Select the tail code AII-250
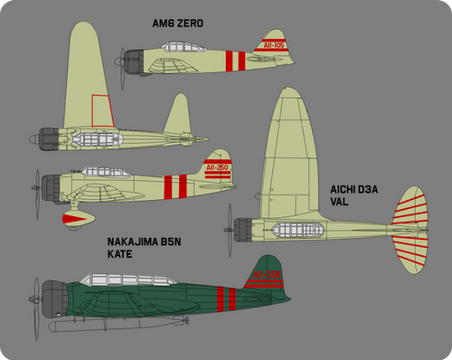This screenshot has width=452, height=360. coord(218,167)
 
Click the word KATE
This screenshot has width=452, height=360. coord(121,255)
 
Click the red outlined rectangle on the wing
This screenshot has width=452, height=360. coord(101,110)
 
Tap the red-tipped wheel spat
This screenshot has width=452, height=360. coord(72,217)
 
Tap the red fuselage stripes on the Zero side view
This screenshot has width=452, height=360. coord(234,62)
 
